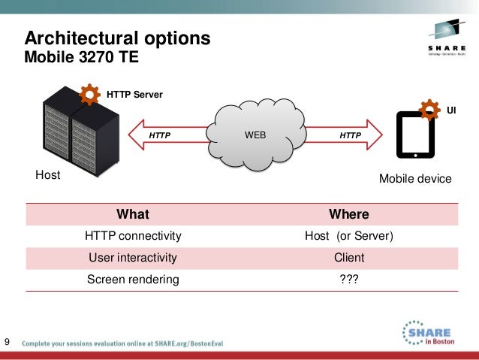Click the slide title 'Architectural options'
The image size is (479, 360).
[118, 38]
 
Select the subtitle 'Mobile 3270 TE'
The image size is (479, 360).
[83, 57]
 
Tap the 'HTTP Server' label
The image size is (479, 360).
[134, 95]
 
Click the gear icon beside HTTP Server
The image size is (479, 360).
[89, 95]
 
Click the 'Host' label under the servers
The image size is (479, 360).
[47, 175]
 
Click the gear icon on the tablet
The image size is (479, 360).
[429, 110]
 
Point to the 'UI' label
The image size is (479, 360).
[452, 110]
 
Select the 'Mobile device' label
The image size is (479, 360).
[415, 179]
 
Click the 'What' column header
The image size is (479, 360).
[133, 214]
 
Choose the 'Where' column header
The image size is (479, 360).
[349, 214]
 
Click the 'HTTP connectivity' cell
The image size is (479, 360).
[133, 236]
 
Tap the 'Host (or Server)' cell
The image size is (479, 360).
[349, 236]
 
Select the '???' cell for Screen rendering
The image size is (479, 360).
[349, 280]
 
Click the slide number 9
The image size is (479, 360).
[8, 343]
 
